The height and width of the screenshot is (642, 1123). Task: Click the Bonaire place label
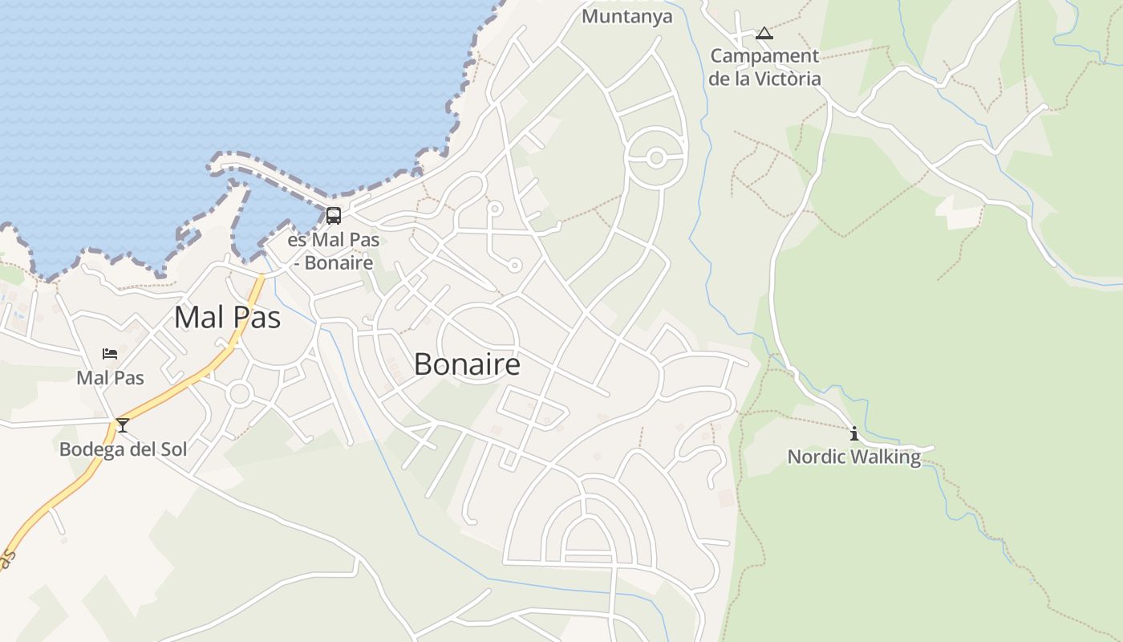click(x=467, y=365)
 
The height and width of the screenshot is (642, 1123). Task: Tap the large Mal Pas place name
click(x=227, y=318)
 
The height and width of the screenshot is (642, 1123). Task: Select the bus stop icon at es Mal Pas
click(x=333, y=215)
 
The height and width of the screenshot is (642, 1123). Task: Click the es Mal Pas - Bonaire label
click(x=333, y=251)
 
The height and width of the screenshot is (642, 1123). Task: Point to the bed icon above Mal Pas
click(x=110, y=354)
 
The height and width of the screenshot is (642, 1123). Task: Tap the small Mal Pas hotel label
click(x=110, y=377)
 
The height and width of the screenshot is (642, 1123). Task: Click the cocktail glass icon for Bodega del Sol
click(x=122, y=425)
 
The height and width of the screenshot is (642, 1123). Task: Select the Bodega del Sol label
click(x=123, y=449)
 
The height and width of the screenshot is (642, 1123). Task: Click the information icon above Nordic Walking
click(x=853, y=434)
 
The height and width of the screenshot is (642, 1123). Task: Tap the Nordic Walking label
click(x=853, y=457)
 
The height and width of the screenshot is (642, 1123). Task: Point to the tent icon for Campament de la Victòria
click(x=764, y=34)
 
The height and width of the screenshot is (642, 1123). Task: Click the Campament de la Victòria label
click(x=764, y=67)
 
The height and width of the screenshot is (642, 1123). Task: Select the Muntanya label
click(x=626, y=16)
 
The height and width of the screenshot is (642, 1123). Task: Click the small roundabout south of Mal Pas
click(x=239, y=393)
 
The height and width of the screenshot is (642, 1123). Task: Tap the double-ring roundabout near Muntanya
click(x=656, y=158)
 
